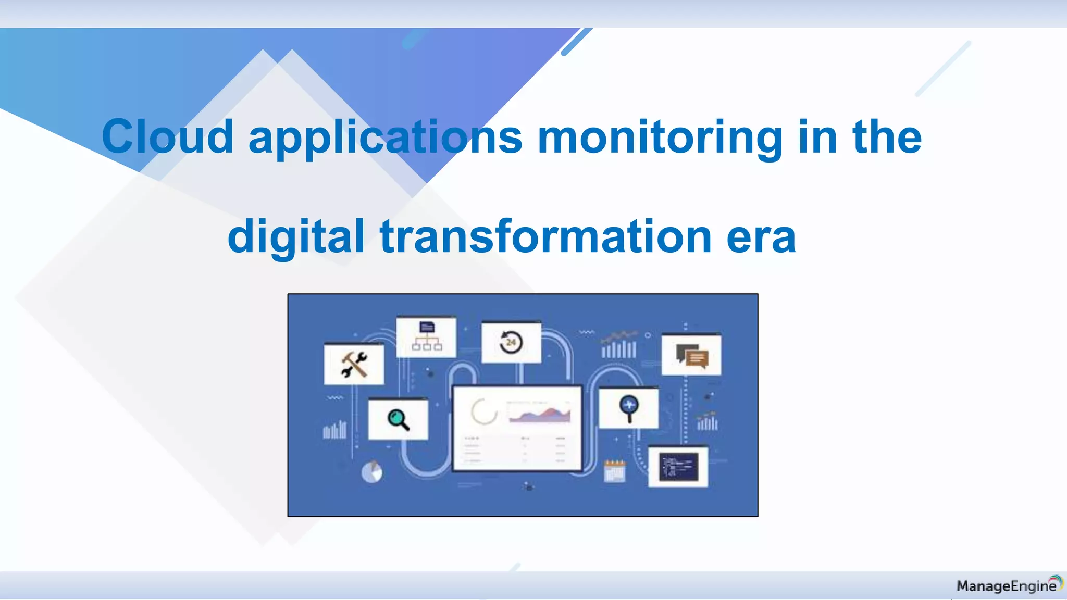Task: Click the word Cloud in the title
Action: pos(167,136)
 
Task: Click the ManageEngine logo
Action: pos(1009,585)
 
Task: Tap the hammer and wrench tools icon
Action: pos(354,364)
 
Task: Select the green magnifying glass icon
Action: pos(398,419)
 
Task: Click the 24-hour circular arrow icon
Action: pos(511,342)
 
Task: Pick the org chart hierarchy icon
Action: pos(427,336)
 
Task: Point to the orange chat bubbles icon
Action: pos(692,356)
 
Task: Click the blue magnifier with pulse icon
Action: pos(629,408)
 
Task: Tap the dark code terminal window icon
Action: pos(678,466)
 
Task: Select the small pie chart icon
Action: pos(371,472)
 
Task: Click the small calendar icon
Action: pos(614,471)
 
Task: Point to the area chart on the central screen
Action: pos(540,415)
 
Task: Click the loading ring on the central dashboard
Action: pos(484,411)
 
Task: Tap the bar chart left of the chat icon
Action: pos(619,346)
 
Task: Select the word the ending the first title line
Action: pos(887,136)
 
